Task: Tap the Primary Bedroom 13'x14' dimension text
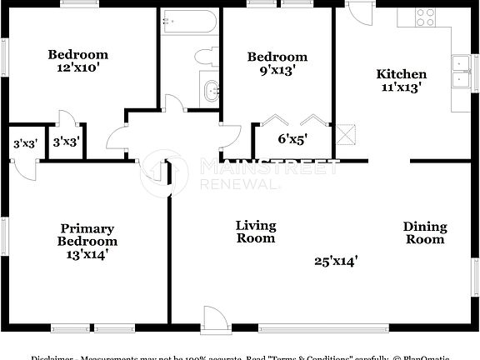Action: [87, 255]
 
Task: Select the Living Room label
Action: [255, 232]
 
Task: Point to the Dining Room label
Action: [425, 232]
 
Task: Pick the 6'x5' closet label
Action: [293, 139]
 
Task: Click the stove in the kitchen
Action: [426, 17]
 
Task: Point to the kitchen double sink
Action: [459, 72]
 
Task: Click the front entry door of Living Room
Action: [213, 317]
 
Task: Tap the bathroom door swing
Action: [173, 103]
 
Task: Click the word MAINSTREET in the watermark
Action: [268, 168]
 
